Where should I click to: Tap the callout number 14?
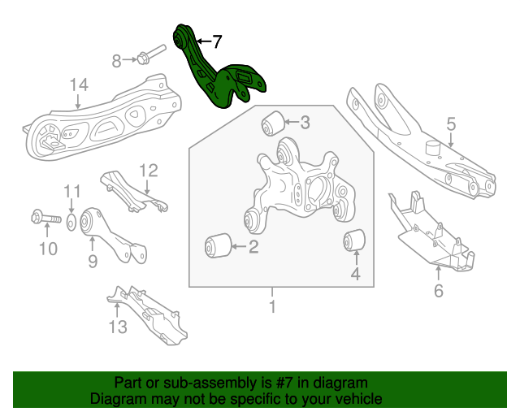pos(78,84)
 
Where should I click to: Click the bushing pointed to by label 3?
pos(272,123)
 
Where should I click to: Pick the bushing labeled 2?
pos(218,244)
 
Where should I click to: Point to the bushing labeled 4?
pos(354,241)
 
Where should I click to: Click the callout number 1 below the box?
pos(272,306)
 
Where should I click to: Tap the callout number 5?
pos(451,123)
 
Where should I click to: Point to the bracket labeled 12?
pos(130,191)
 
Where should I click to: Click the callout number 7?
pos(215,40)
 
